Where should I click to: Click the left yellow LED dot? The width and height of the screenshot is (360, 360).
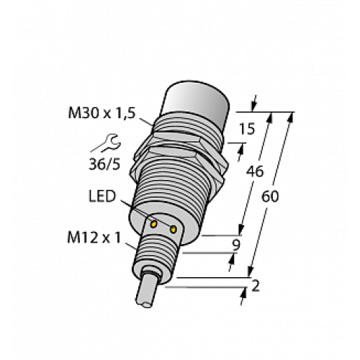click(x=153, y=224)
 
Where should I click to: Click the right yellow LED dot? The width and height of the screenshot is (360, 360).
click(x=174, y=229)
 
